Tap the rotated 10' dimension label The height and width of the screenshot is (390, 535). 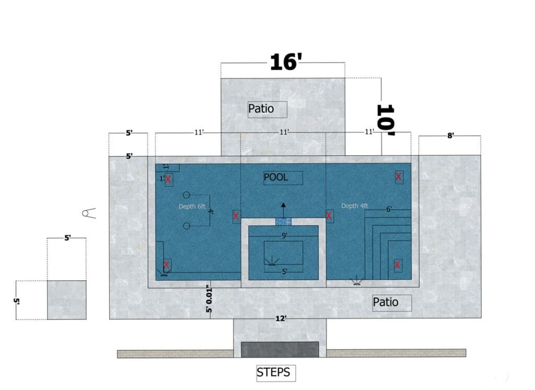[386, 120]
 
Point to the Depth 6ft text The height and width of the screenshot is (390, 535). [192, 206]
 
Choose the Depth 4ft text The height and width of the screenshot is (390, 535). [355, 206]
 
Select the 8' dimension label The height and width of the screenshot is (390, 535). [450, 135]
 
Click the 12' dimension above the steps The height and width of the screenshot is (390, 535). [281, 318]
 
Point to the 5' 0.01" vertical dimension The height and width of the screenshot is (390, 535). [209, 299]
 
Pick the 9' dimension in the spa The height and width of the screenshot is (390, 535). [284, 236]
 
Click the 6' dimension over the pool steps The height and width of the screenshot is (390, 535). [389, 209]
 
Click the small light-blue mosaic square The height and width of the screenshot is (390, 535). [283, 222]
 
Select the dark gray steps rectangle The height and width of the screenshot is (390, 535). [280, 349]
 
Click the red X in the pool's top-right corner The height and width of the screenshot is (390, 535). [399, 177]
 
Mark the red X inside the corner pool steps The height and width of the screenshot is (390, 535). [398, 265]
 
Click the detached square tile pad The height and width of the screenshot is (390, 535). [66, 300]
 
